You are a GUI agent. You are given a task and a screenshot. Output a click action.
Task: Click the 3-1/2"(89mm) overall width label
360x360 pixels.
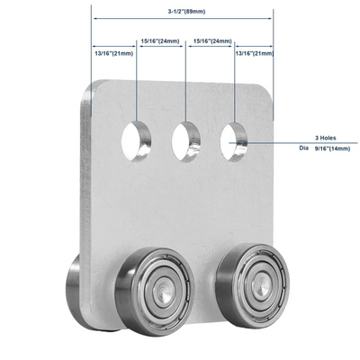[x=186, y=12]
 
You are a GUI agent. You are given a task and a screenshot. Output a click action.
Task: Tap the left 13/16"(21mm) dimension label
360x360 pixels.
[x=114, y=54]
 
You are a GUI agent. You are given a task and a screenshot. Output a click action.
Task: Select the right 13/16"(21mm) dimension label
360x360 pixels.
[x=255, y=53]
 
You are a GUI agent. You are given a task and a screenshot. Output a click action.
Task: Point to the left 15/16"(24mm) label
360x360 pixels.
[x=160, y=40]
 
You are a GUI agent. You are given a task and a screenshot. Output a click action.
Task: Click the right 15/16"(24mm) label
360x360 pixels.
[x=212, y=40]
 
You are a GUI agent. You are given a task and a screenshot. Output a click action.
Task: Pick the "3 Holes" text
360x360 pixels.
[x=326, y=138]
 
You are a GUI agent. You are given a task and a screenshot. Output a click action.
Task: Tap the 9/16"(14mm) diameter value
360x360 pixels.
[x=332, y=148]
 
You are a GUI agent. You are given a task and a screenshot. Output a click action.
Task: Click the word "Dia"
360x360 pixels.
[x=303, y=148]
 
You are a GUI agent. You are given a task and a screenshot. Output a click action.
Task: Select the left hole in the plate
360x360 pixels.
[x=136, y=141]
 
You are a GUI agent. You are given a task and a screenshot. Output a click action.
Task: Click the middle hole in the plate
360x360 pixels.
[x=185, y=142]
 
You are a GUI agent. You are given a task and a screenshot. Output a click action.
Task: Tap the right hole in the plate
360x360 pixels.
[x=234, y=142]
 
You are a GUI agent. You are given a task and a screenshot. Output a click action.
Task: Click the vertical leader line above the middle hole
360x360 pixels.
[x=185, y=81]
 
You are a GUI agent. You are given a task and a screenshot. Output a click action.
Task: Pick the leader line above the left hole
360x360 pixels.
[x=137, y=80]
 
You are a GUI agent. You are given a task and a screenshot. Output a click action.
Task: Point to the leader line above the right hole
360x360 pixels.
[x=234, y=82]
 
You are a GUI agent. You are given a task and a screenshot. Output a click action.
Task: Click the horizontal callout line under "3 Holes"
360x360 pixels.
[x=293, y=143]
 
